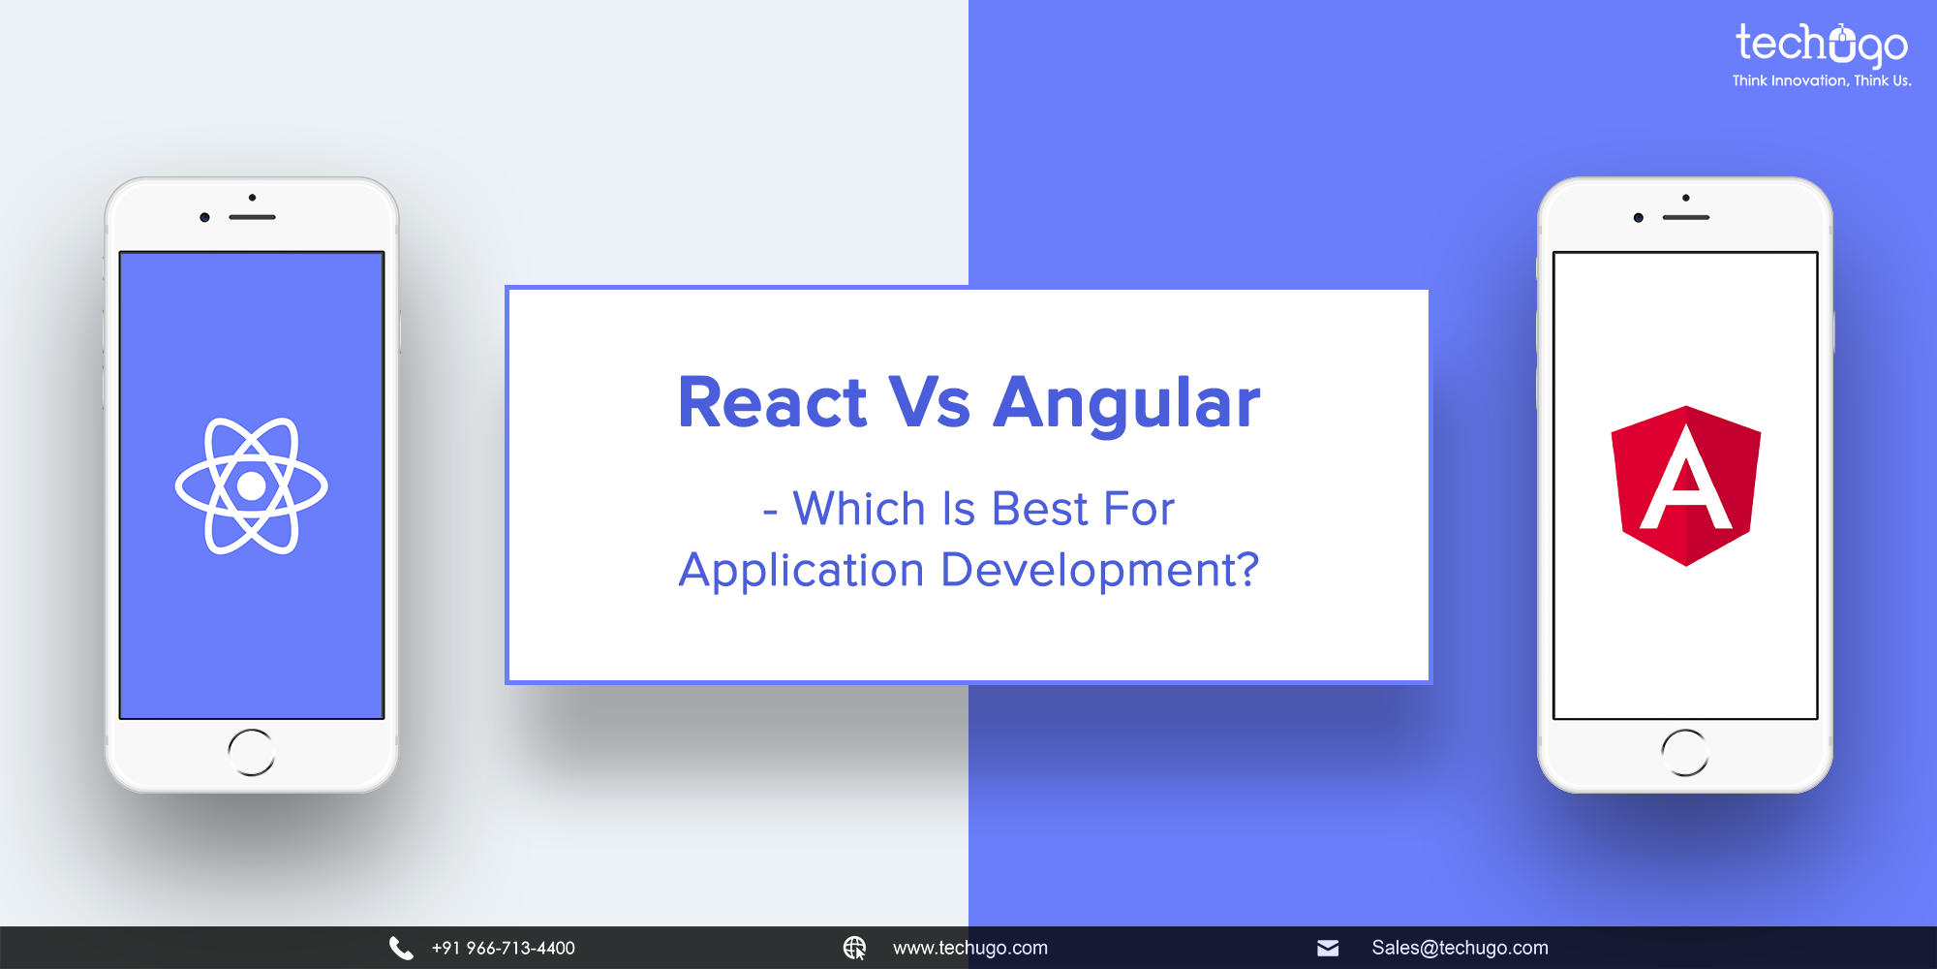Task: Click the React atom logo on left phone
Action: [x=252, y=485]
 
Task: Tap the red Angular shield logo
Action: [x=1685, y=485]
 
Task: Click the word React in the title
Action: [x=772, y=402]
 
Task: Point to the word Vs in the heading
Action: [x=930, y=402]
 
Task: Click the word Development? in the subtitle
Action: [x=1100, y=570]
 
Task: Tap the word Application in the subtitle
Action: [x=801, y=570]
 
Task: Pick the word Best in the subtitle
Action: [x=1040, y=510]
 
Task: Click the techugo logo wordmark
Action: [x=1821, y=45]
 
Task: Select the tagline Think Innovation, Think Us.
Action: [x=1821, y=81]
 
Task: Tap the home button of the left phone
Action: [x=252, y=752]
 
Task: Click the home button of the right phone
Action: [x=1685, y=752]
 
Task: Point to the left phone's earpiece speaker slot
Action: [x=253, y=217]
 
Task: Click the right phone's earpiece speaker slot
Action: [x=1686, y=217]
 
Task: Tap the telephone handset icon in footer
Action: [x=401, y=948]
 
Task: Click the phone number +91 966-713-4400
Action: [x=503, y=948]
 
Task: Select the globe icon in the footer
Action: [x=854, y=948]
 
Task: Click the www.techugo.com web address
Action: [x=969, y=948]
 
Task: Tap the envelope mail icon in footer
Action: [x=1328, y=948]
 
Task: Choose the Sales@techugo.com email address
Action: [x=1460, y=948]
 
